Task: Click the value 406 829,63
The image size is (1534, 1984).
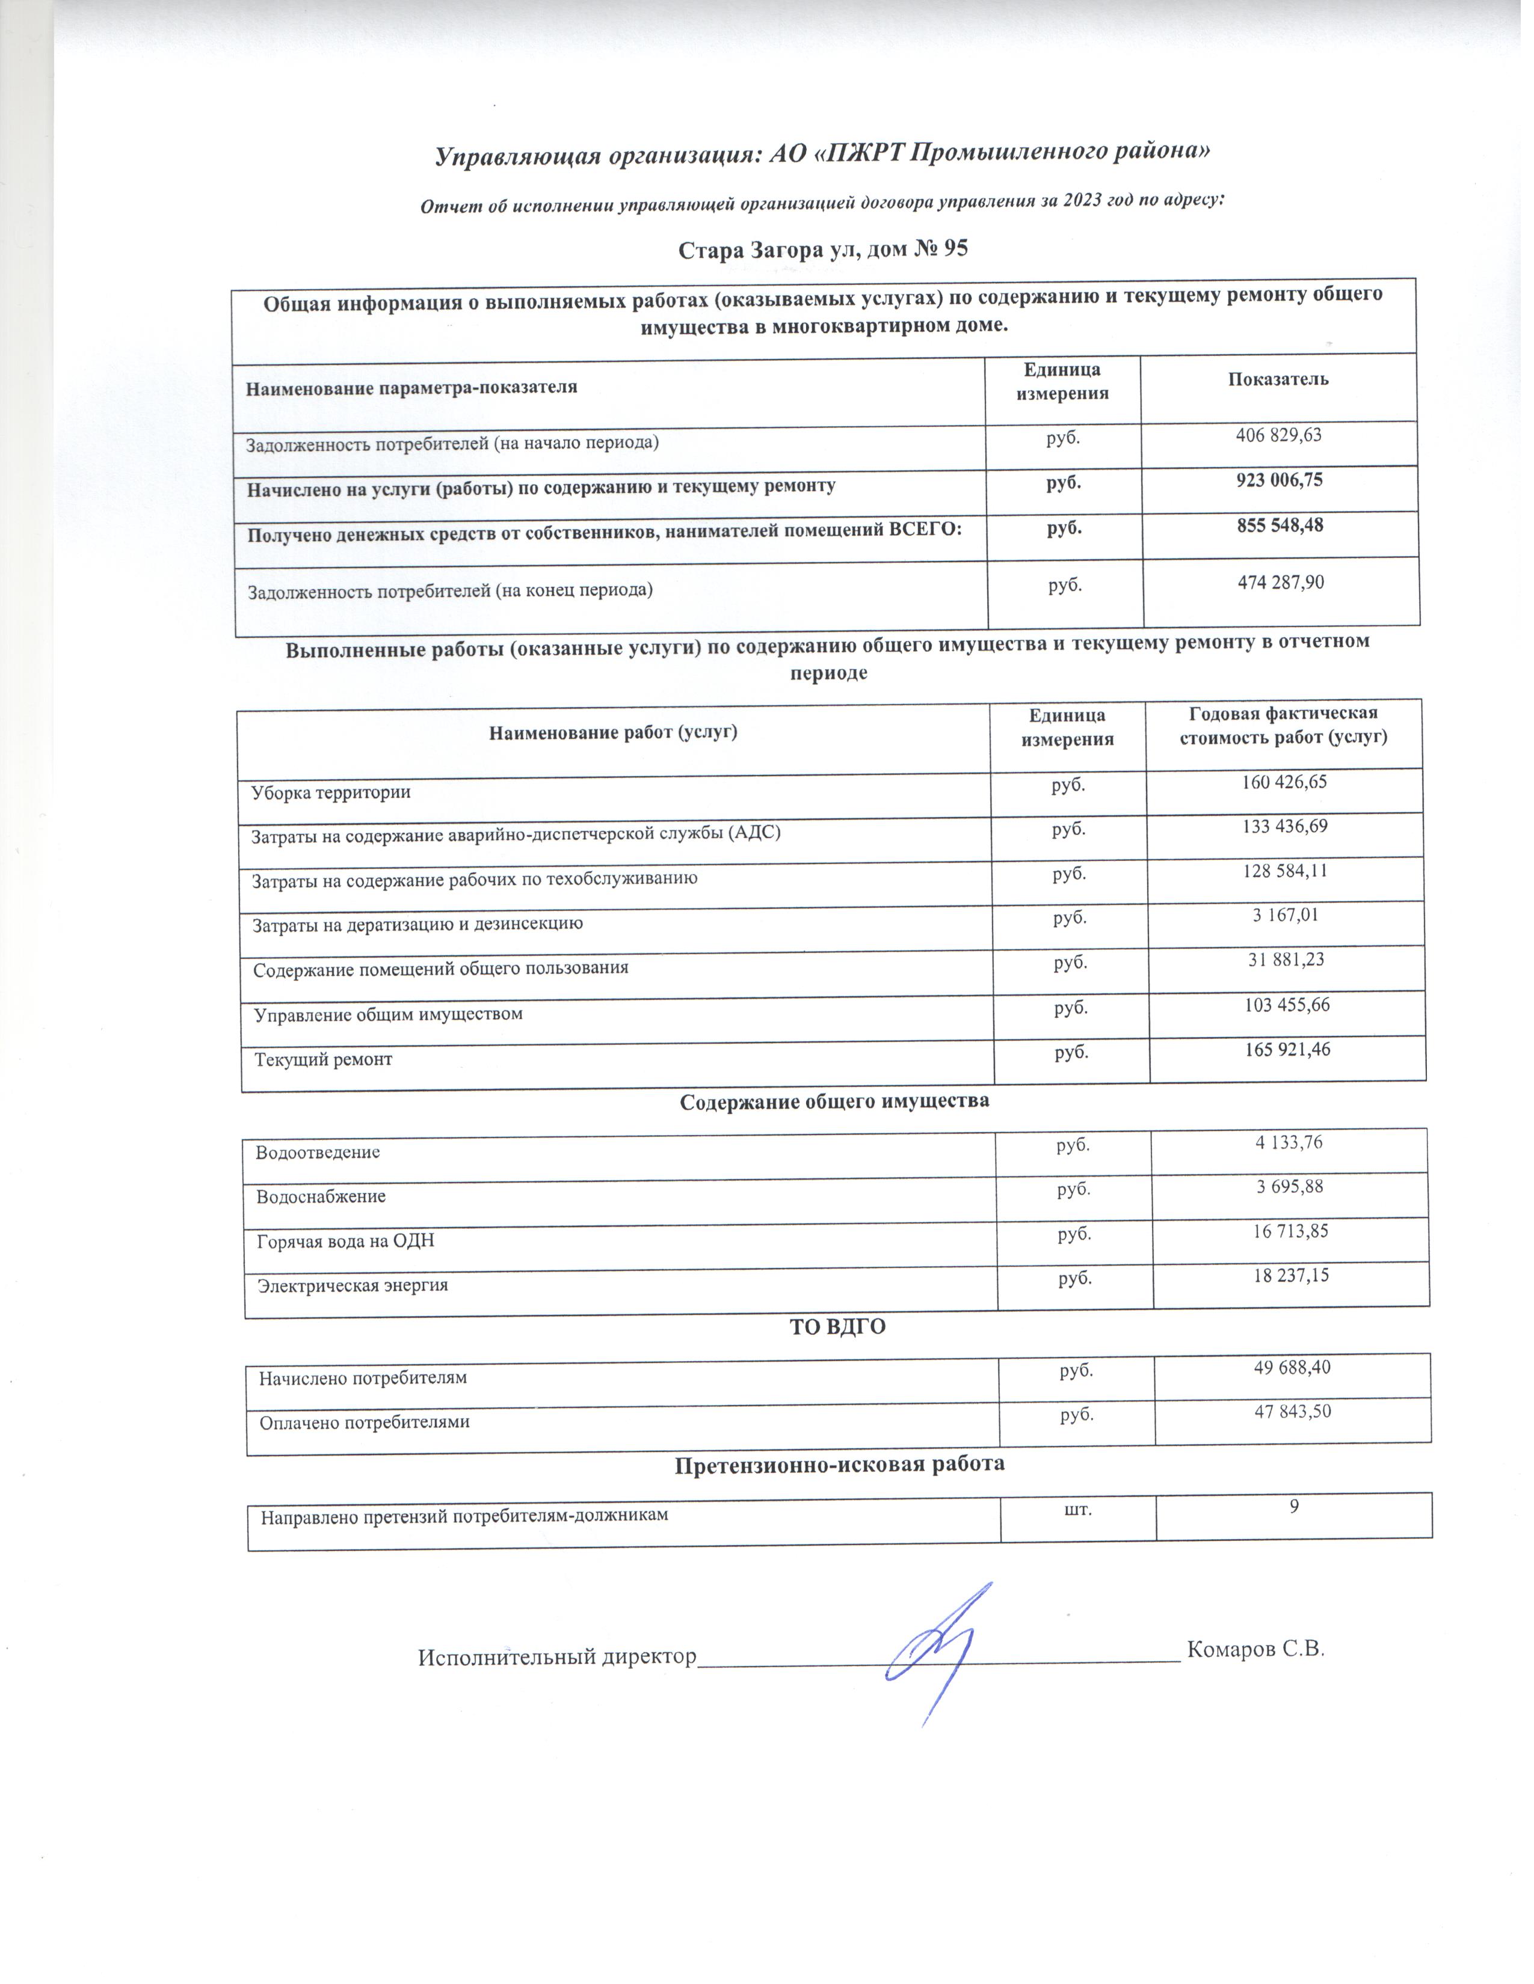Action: tap(1278, 435)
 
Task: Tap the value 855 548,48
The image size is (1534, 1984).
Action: tap(1280, 525)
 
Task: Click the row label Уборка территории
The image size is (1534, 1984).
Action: tap(331, 792)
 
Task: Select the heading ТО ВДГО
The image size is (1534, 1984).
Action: tap(837, 1327)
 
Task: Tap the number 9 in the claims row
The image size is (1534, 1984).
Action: tap(1293, 1506)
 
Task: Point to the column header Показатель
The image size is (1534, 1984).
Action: tap(1278, 380)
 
